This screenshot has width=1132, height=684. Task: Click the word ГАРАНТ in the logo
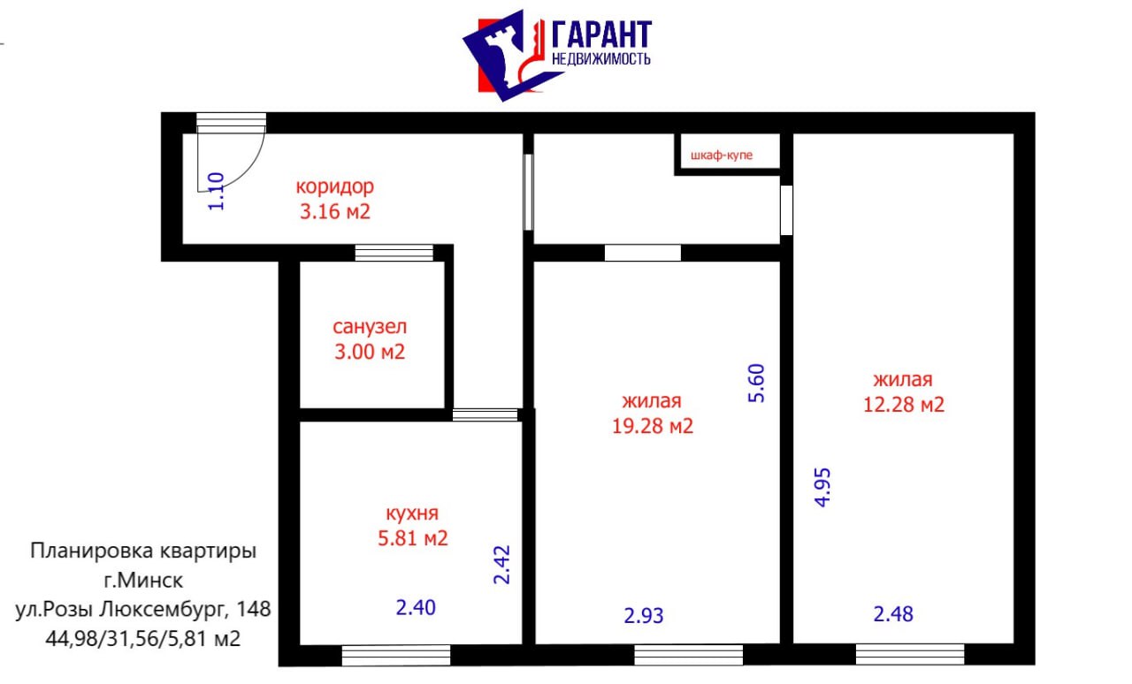click(x=601, y=34)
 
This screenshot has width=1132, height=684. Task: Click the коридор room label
click(x=335, y=187)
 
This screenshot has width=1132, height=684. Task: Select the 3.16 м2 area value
click(x=335, y=211)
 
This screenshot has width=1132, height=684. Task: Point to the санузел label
click(x=370, y=327)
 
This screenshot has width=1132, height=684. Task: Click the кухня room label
click(x=412, y=513)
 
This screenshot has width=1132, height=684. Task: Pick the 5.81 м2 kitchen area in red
click(x=413, y=538)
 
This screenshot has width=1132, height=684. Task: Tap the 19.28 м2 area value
click(x=653, y=426)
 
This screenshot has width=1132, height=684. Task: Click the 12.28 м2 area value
click(x=904, y=405)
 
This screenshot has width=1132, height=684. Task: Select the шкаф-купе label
click(x=722, y=155)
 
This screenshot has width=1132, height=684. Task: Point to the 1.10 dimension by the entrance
click(x=217, y=192)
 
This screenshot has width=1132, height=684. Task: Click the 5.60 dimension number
click(x=756, y=383)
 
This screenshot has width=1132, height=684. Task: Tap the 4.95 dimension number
click(x=822, y=488)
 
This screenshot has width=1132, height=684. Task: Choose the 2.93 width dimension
click(x=644, y=616)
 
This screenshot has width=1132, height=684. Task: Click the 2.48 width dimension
click(x=893, y=614)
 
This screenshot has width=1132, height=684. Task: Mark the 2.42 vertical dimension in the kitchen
click(x=501, y=565)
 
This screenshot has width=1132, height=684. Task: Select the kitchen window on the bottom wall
click(x=395, y=655)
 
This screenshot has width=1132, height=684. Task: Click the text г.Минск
click(x=143, y=581)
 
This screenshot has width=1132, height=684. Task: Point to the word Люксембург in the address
click(x=161, y=610)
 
